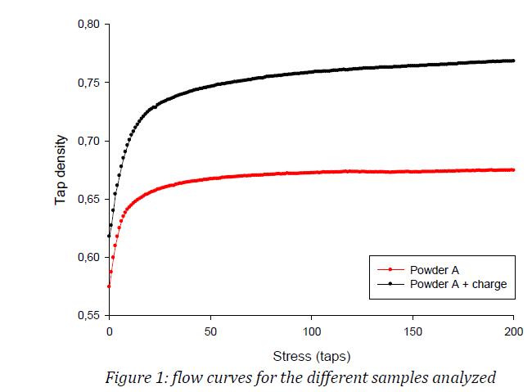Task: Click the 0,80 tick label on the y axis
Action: point(88,25)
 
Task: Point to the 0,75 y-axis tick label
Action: point(88,83)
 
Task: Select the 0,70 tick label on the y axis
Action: point(88,141)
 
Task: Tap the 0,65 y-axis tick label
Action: point(88,199)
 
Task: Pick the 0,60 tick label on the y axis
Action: point(88,257)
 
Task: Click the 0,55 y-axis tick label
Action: point(88,315)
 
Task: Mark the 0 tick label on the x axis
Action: point(109,331)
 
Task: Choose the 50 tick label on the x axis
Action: point(210,331)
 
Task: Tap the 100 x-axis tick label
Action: point(311,331)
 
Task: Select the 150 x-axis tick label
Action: point(413,331)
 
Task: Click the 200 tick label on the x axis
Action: point(513,331)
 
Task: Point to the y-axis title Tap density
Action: point(61,169)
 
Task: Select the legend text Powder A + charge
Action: point(459,284)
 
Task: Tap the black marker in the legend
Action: point(390,284)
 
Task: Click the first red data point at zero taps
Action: point(109,286)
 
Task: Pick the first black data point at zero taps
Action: point(109,237)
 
